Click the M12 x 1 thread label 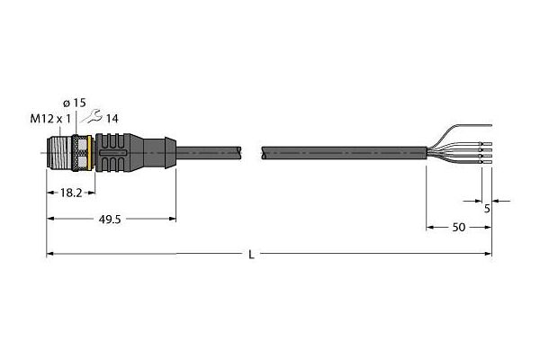click(50, 119)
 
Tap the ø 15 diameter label click(75, 103)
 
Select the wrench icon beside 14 click(91, 116)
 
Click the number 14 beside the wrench click(112, 119)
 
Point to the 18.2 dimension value click(71, 193)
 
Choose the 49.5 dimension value click(110, 220)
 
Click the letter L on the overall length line click(252, 255)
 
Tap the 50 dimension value click(459, 228)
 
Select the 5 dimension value click(487, 209)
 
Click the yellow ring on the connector click(90, 153)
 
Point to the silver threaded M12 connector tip click(58, 153)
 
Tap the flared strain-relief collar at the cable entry click(170, 153)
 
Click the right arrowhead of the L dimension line click(489, 254)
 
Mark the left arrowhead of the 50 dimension click(430, 228)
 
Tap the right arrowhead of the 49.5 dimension click(173, 219)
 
